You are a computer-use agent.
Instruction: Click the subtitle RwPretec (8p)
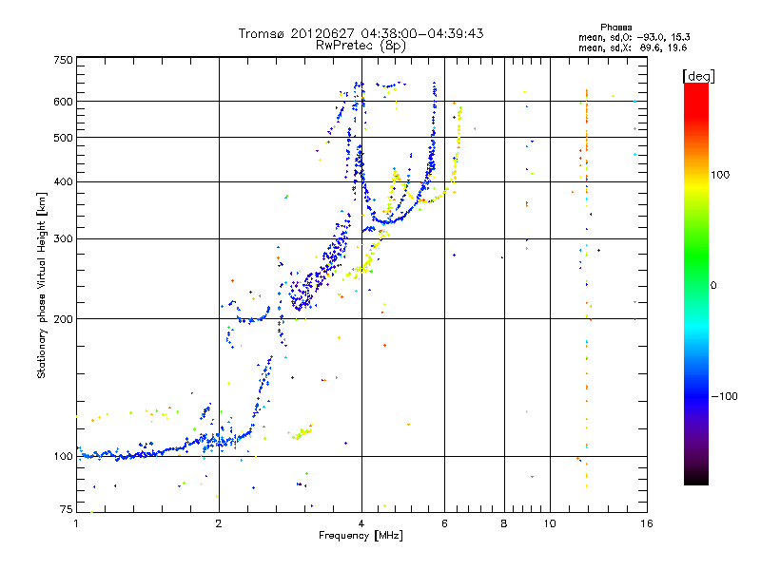361,45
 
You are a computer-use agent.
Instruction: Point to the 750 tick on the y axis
64,61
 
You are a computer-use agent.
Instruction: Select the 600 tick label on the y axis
64,102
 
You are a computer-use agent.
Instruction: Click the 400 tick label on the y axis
64,182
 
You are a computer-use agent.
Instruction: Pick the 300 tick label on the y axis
64,239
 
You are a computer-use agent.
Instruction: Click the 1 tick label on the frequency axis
76,523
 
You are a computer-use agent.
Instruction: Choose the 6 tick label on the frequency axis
444,523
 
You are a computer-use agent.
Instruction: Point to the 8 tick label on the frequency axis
504,523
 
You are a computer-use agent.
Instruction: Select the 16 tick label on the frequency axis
645,523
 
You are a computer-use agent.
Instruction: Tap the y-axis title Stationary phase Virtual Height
42,286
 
